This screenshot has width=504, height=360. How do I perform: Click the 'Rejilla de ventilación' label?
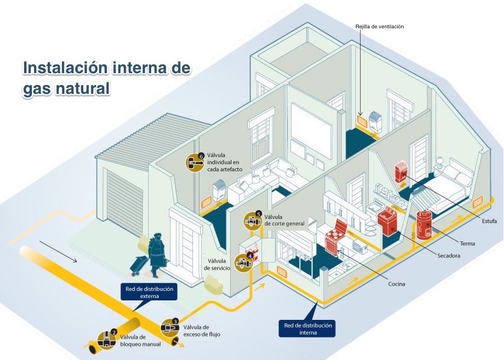click(379, 27)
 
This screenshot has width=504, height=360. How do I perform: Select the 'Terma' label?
click(467, 243)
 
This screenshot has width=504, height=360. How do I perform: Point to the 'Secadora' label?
click(449, 256)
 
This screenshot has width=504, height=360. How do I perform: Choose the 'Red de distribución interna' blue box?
click(308, 329)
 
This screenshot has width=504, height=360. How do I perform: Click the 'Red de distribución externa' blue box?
click(150, 292)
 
